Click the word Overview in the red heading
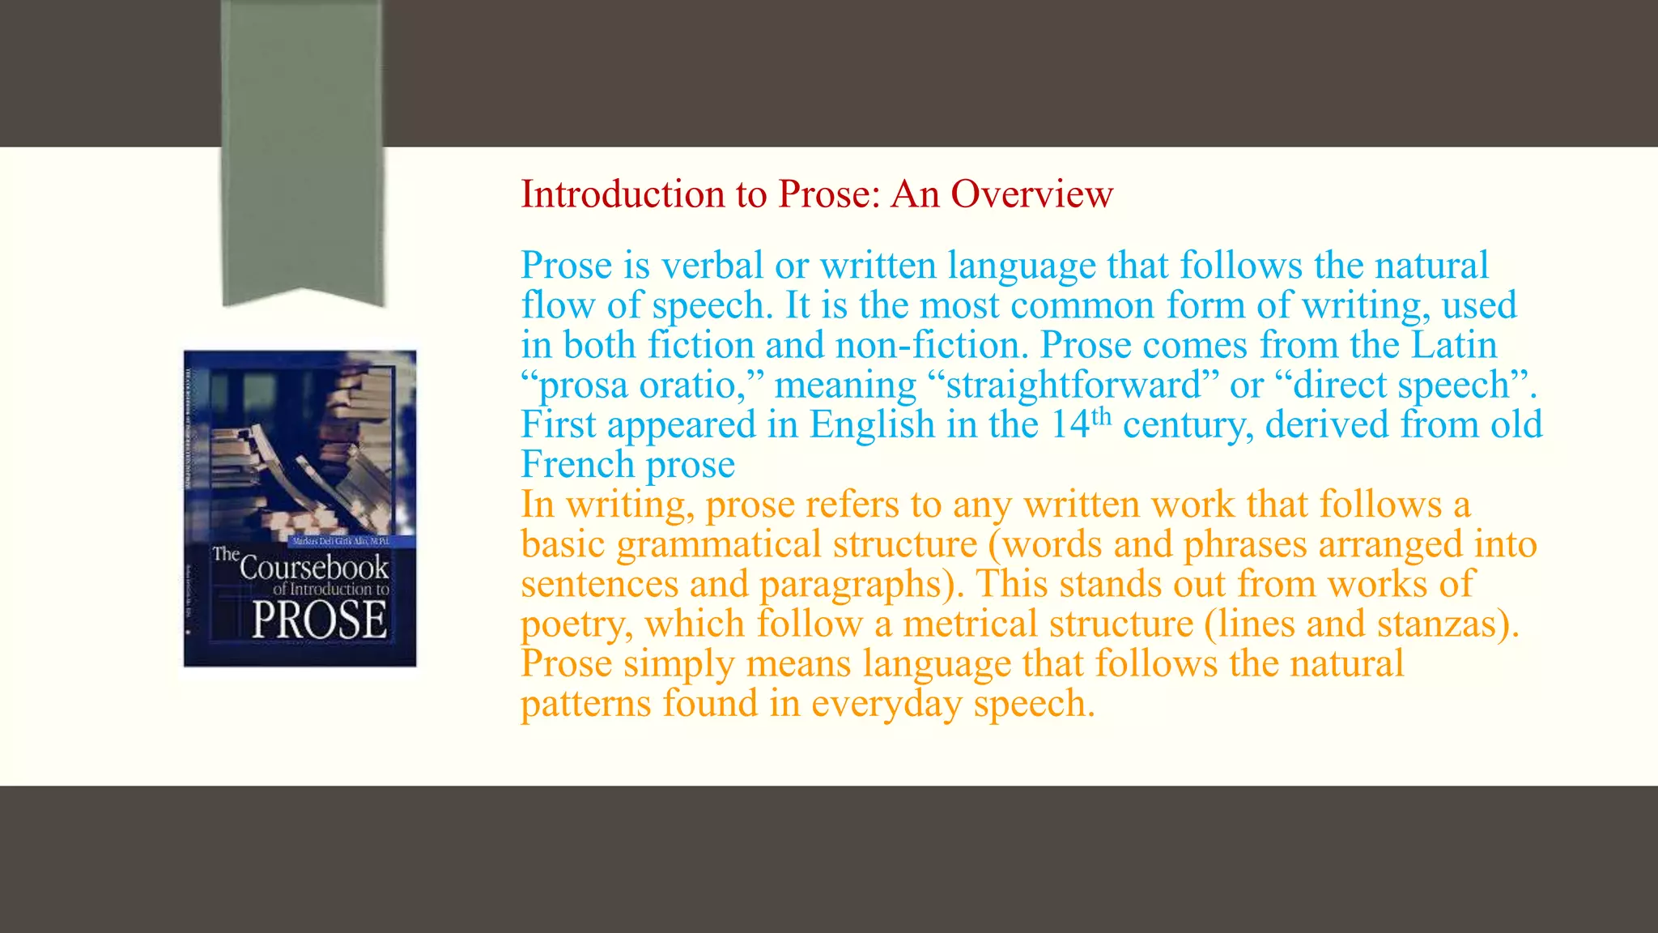(1031, 194)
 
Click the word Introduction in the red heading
(622, 194)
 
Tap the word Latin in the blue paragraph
(1454, 345)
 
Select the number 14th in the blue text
(1081, 424)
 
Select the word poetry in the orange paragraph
(576, 624)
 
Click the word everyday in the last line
(886, 703)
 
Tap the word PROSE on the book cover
(319, 621)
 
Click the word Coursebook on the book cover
(314, 567)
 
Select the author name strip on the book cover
(340, 540)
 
